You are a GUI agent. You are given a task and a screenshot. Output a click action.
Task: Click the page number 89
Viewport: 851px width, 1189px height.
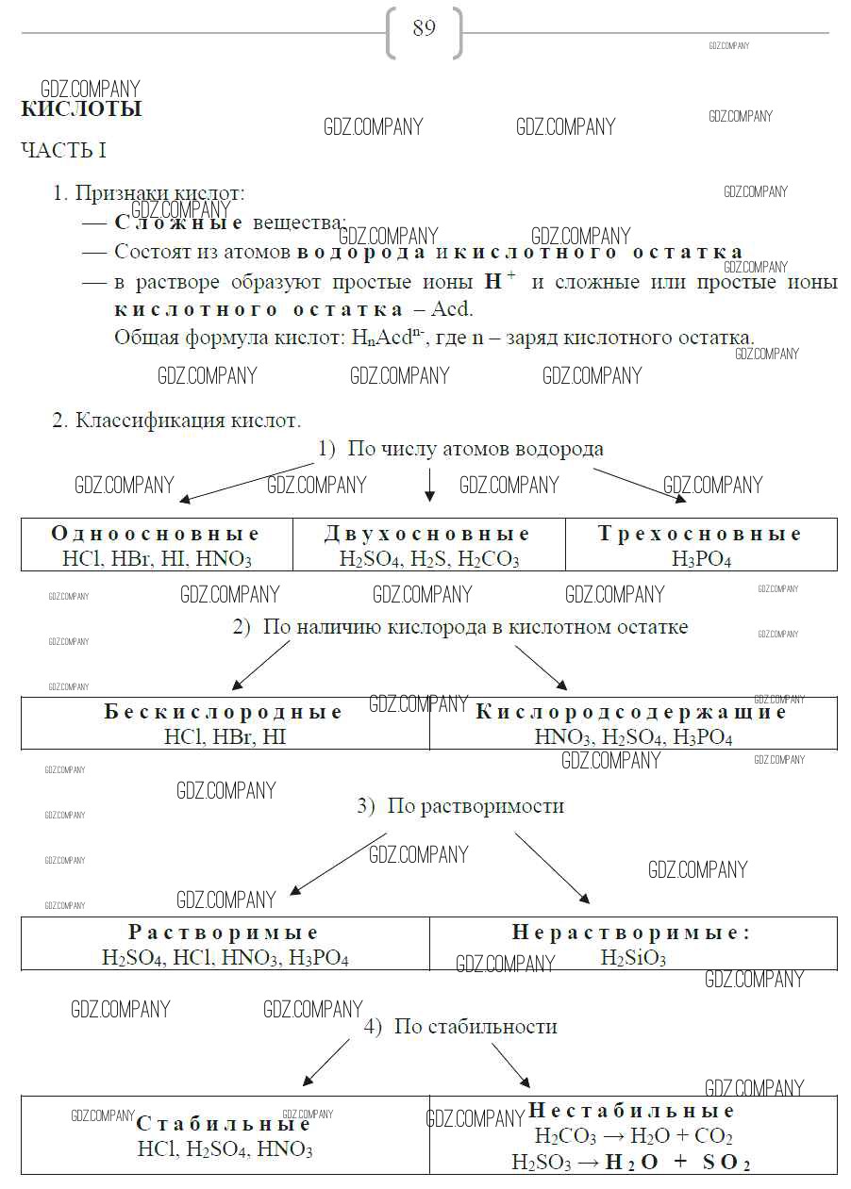(425, 29)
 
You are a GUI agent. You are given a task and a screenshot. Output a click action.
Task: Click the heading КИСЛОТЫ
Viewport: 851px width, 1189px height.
(81, 109)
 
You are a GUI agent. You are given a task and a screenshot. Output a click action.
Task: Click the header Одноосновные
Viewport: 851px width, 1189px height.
(156, 535)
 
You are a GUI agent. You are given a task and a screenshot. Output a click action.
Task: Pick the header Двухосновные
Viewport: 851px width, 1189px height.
(428, 535)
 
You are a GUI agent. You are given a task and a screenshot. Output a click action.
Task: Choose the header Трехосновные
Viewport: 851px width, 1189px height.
(700, 535)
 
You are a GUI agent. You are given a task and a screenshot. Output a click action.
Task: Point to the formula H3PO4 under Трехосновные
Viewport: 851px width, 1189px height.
(701, 559)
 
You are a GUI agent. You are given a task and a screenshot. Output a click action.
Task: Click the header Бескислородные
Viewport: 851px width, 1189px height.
(225, 712)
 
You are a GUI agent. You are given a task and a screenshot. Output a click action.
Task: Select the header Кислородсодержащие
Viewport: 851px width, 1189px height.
(631, 712)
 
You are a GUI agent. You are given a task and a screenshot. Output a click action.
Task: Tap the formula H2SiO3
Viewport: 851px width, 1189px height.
(633, 959)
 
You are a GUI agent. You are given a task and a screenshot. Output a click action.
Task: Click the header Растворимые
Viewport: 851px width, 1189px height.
(225, 933)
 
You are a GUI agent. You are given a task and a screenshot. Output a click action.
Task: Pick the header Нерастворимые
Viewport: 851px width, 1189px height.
(631, 933)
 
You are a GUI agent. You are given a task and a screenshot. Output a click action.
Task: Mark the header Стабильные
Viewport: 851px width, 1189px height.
(224, 1125)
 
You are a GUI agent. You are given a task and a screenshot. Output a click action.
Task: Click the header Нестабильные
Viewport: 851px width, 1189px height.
(631, 1111)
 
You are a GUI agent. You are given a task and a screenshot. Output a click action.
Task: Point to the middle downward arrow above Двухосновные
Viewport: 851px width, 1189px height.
(429, 484)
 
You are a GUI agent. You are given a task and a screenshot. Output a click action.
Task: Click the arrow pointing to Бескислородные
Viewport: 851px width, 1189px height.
(259, 665)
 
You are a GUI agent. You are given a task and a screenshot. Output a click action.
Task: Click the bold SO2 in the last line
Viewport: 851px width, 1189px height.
(726, 1163)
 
